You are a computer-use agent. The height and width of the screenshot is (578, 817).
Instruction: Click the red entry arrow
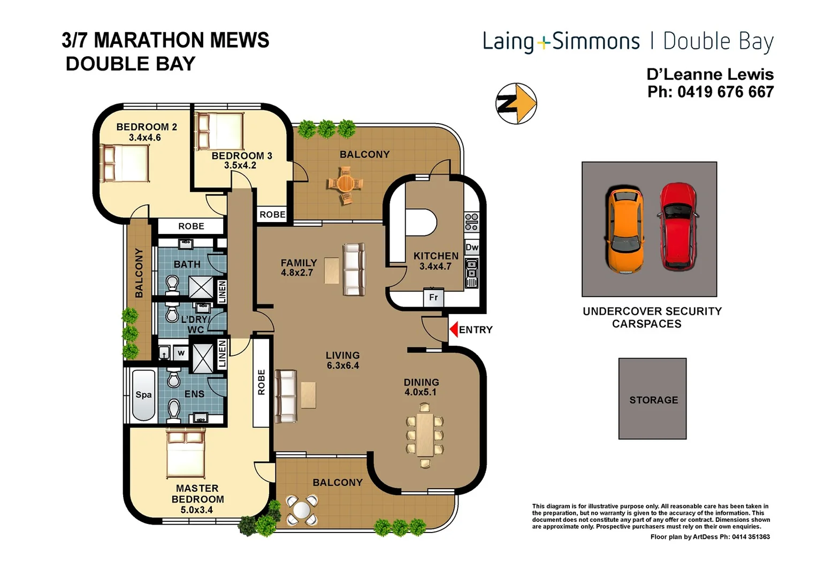(x=454, y=329)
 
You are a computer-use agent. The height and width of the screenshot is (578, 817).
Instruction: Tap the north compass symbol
(x=516, y=103)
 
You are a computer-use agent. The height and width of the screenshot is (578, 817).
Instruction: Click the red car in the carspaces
(x=677, y=226)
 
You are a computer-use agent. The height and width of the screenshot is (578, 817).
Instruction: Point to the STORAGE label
(x=653, y=400)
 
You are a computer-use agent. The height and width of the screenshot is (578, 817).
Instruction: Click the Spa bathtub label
(x=143, y=395)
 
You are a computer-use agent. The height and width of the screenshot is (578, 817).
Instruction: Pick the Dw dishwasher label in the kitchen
(x=472, y=247)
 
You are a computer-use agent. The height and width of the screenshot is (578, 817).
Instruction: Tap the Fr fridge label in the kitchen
(x=433, y=298)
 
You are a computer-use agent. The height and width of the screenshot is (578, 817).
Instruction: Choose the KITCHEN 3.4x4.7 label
(x=436, y=261)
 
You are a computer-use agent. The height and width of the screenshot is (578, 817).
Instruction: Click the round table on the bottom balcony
(x=302, y=510)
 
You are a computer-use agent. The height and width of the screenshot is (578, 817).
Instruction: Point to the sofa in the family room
(x=354, y=269)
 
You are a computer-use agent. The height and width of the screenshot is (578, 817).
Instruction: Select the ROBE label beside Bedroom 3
(x=272, y=215)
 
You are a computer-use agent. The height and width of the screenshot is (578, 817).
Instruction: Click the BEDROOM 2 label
(x=146, y=127)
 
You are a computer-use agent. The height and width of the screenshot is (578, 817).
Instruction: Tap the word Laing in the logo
(x=508, y=42)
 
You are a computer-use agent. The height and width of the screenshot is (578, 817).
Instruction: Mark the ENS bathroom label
(x=194, y=394)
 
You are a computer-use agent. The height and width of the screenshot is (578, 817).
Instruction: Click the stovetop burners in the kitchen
(x=471, y=222)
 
